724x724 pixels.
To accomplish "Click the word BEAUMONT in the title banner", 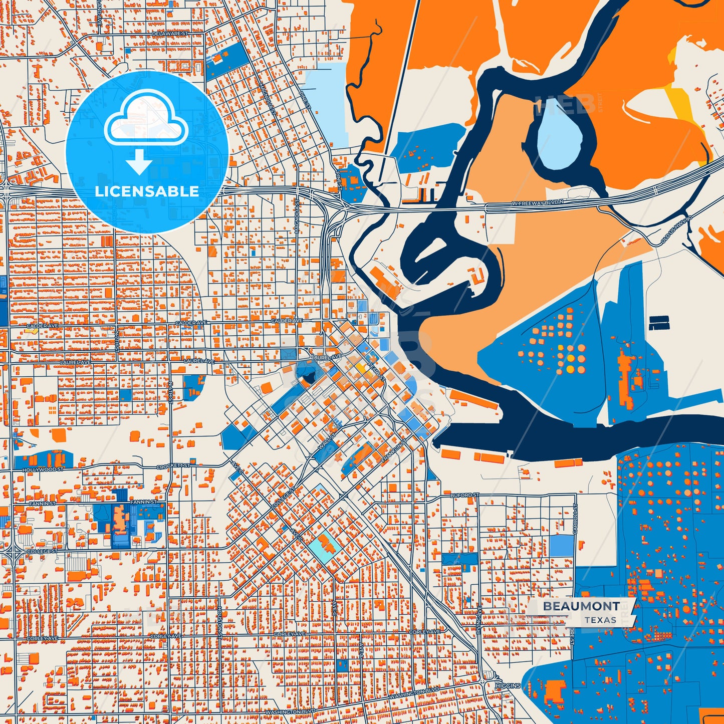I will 581,606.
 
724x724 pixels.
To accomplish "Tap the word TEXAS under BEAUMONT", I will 600,620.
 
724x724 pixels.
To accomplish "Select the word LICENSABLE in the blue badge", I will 147,191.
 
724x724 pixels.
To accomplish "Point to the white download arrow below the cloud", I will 139,162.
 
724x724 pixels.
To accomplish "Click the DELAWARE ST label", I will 170,34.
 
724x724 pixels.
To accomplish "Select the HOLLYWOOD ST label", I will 43,470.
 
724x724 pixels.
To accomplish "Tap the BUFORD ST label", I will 464,495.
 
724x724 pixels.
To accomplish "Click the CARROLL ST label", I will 576,519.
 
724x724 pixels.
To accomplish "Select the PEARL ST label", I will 376,371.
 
